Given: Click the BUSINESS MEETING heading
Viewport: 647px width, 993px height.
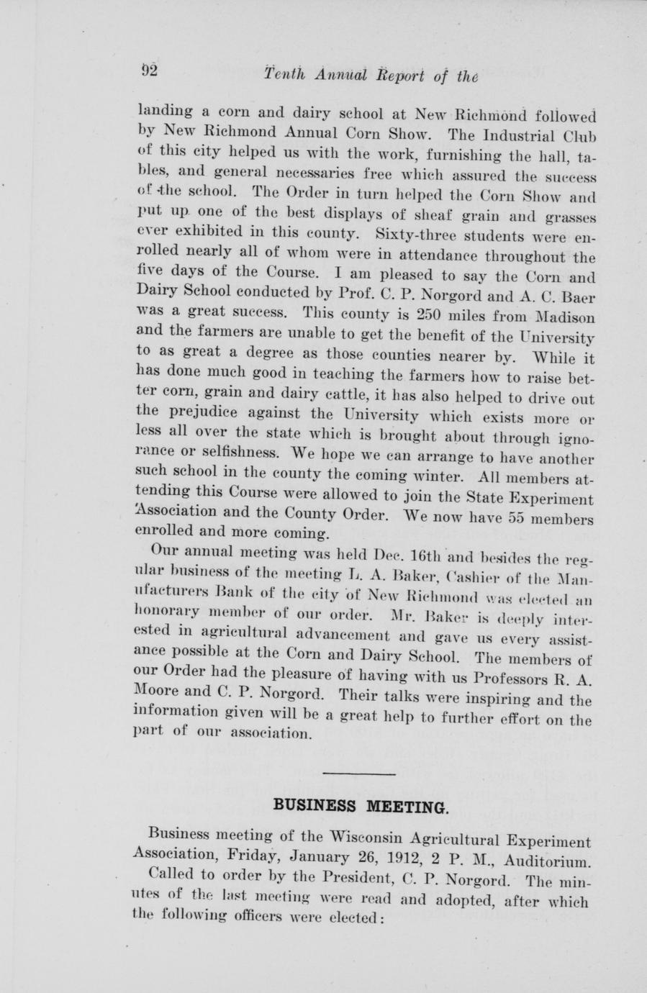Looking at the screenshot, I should click(x=361, y=805).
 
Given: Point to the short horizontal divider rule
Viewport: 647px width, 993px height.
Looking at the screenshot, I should click(x=359, y=774).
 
